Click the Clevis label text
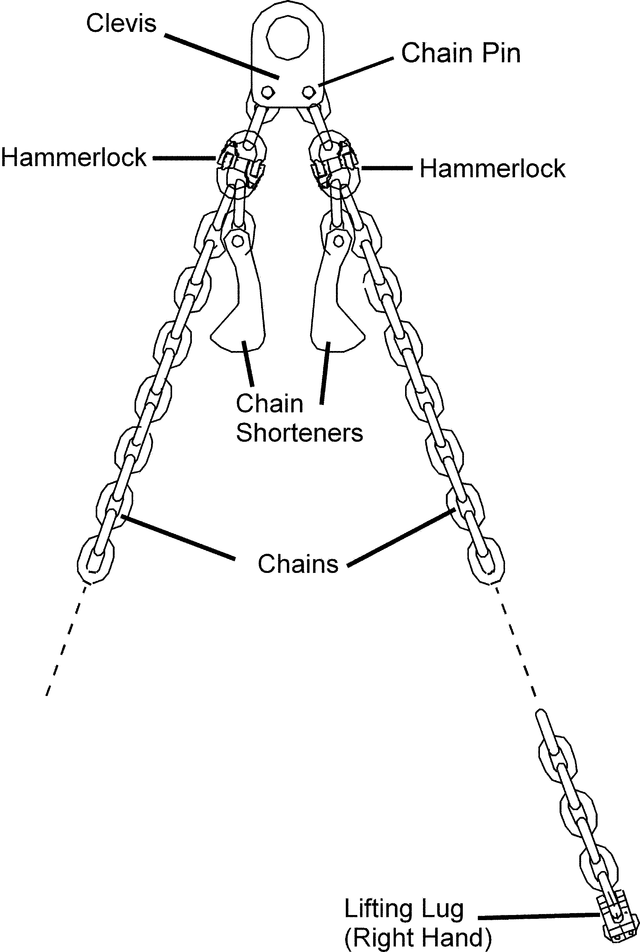point(121,23)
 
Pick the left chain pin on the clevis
point(267,92)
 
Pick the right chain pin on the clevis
point(309,92)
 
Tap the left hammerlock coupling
point(241,164)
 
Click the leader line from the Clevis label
point(222,56)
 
